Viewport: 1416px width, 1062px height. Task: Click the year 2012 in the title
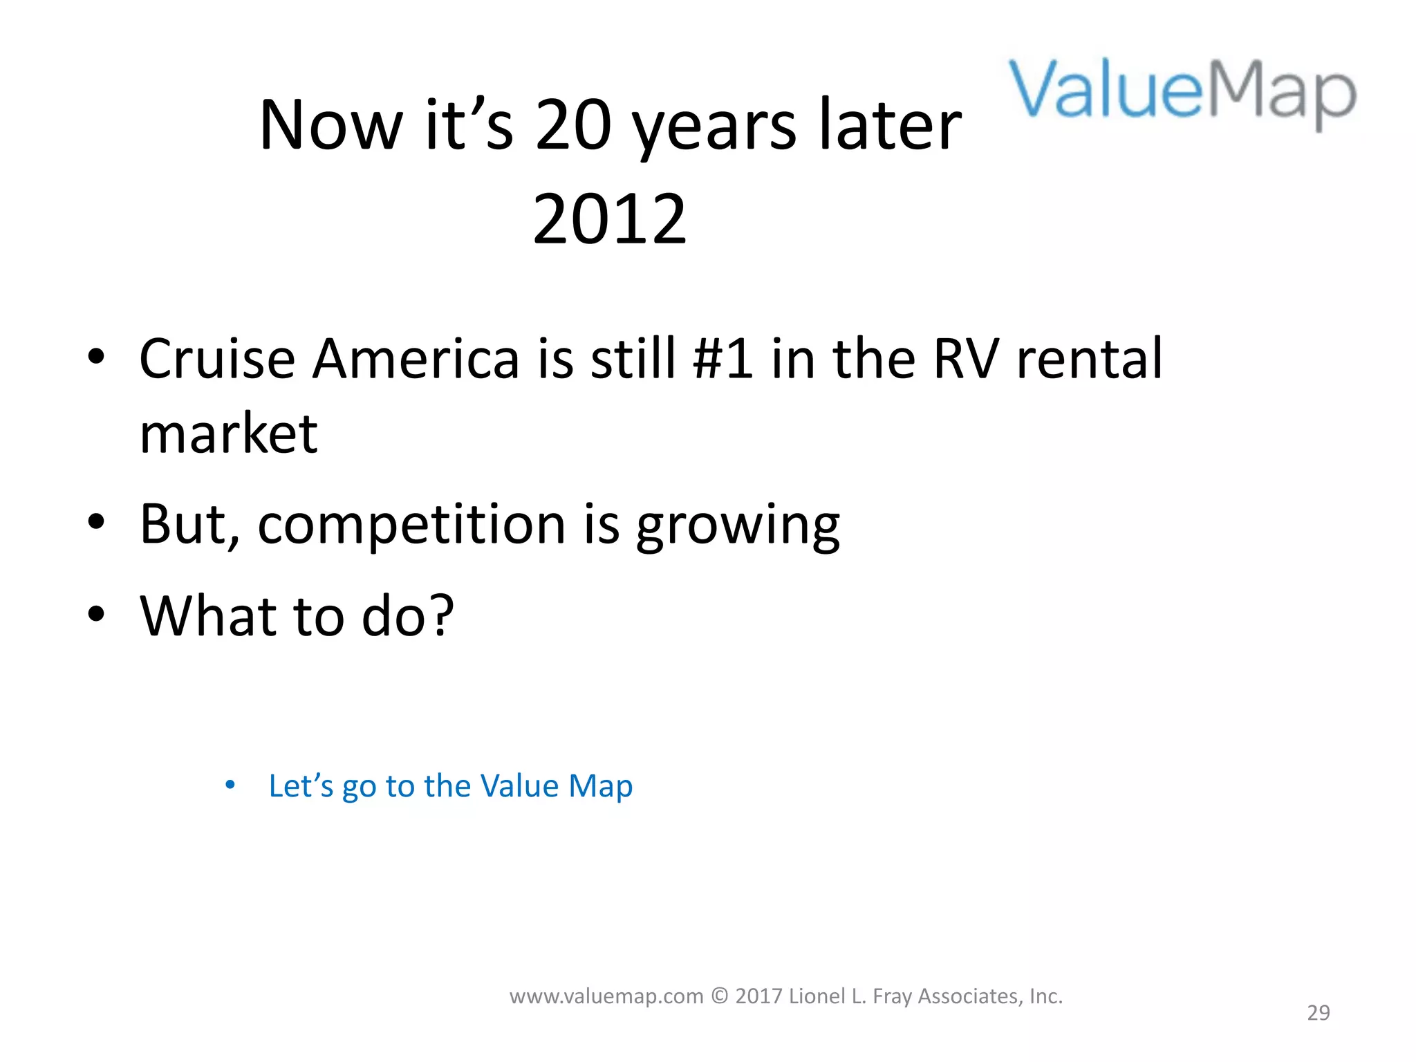pyautogui.click(x=610, y=219)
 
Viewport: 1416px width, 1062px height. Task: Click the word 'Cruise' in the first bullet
pyautogui.click(x=217, y=360)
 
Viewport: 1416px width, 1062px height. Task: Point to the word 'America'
pyautogui.click(x=415, y=360)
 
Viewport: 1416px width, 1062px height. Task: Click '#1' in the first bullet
pyautogui.click(x=723, y=360)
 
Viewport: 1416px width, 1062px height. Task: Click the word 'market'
pyautogui.click(x=228, y=434)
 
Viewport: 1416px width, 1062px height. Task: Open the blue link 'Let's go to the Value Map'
pyautogui.click(x=450, y=787)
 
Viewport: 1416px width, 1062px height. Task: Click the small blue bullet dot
pyautogui.click(x=230, y=785)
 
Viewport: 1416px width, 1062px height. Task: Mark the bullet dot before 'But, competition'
pyautogui.click(x=96, y=523)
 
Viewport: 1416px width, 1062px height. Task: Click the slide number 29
pyautogui.click(x=1318, y=1013)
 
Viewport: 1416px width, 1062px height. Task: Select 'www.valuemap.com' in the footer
pyautogui.click(x=606, y=996)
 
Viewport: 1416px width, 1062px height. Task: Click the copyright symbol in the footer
pyautogui.click(x=719, y=996)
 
